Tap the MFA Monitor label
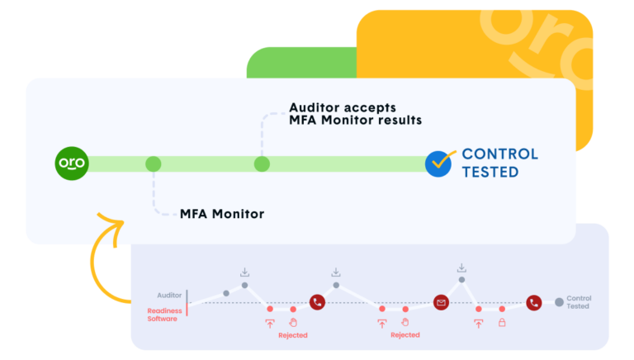point(222,214)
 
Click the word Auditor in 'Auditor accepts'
point(315,107)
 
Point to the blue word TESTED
point(490,173)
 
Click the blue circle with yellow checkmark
point(440,163)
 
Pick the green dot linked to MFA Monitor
point(153,164)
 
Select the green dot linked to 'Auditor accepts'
point(262,164)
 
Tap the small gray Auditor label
point(169,295)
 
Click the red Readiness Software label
point(163,315)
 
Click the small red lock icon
point(502,324)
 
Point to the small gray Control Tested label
point(579,302)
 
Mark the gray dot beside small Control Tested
point(559,302)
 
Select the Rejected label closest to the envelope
point(405,335)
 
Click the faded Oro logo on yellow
point(537,50)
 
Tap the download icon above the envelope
point(461,268)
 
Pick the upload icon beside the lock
point(479,324)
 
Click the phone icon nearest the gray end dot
point(534,303)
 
